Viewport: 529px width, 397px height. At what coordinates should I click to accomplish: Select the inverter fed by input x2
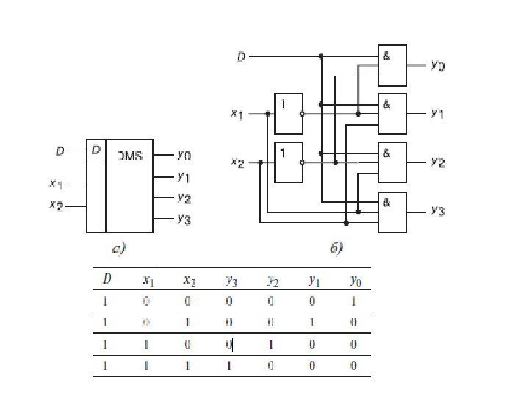[x=287, y=162]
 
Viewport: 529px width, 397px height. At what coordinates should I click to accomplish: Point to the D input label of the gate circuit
[x=241, y=56]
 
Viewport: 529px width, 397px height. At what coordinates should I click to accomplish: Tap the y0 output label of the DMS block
[x=183, y=155]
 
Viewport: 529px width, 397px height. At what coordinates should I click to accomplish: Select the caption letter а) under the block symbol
[x=119, y=248]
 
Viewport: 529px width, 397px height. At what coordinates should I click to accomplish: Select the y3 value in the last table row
[x=229, y=365]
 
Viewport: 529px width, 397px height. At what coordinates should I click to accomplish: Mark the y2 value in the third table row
[x=270, y=343]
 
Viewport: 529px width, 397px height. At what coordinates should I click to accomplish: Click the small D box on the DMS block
[x=96, y=151]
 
